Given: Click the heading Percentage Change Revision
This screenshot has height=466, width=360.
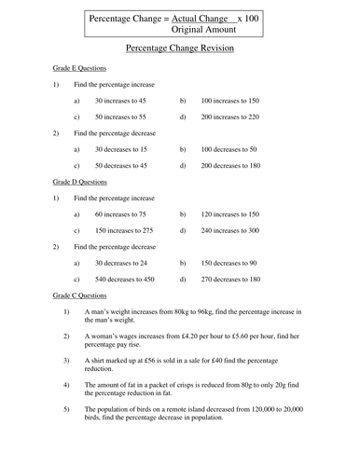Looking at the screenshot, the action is (179, 47).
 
